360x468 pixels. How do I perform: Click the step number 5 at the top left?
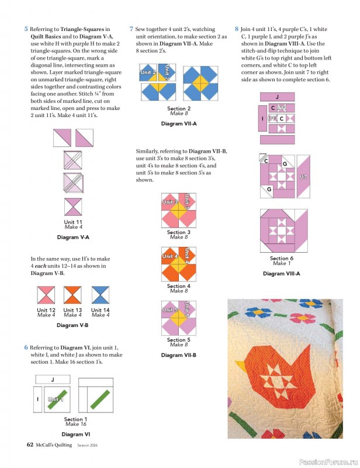click(x=26, y=29)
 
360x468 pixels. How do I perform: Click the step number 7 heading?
click(x=131, y=29)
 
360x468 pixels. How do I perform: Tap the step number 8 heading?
click(x=237, y=29)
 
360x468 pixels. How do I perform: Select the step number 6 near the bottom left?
click(x=26, y=347)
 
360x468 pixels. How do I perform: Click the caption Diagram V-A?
click(x=73, y=237)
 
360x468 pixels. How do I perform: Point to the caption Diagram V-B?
click(x=73, y=325)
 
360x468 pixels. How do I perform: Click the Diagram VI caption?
click(x=75, y=434)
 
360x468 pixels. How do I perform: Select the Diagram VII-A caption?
click(x=179, y=124)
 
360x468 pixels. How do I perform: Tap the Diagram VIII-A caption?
click(x=282, y=273)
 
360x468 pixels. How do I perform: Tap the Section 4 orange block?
click(x=178, y=264)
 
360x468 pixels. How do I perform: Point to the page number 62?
click(x=30, y=445)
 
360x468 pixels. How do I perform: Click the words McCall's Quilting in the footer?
click(x=53, y=445)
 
